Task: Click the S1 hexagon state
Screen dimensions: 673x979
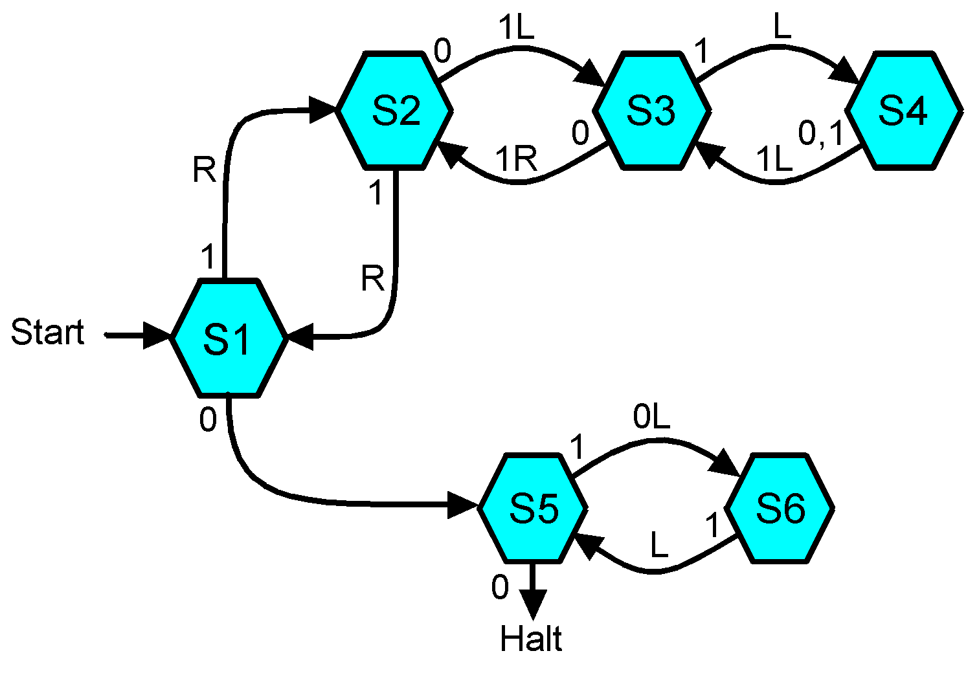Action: tap(228, 338)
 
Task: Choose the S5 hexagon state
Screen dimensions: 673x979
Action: tap(533, 508)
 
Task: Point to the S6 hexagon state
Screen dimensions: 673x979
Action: tap(780, 508)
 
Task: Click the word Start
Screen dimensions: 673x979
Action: tap(48, 333)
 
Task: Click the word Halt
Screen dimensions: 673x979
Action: tap(531, 639)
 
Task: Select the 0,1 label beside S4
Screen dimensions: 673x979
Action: tap(821, 135)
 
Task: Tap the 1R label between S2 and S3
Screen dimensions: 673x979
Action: tap(516, 159)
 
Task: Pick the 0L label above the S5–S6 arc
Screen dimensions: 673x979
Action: tap(651, 419)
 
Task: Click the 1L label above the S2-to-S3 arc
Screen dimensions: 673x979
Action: tap(516, 29)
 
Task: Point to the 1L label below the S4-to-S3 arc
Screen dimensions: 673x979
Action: tap(774, 159)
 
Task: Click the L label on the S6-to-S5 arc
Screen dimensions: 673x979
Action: tap(658, 547)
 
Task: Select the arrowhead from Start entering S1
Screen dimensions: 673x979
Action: tap(157, 336)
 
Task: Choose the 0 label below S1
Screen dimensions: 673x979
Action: tap(208, 421)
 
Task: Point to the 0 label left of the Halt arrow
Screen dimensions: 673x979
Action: tap(500, 588)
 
